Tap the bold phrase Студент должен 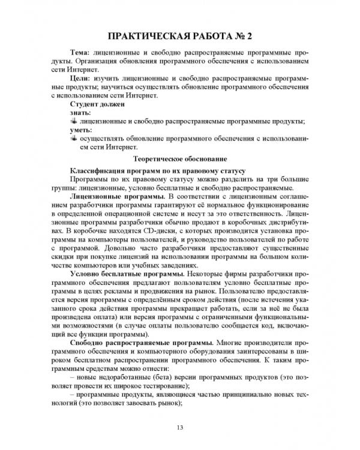pos(97,104)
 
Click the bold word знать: pos(80,112)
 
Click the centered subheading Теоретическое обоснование pos(179,158)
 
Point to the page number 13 pos(179,427)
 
